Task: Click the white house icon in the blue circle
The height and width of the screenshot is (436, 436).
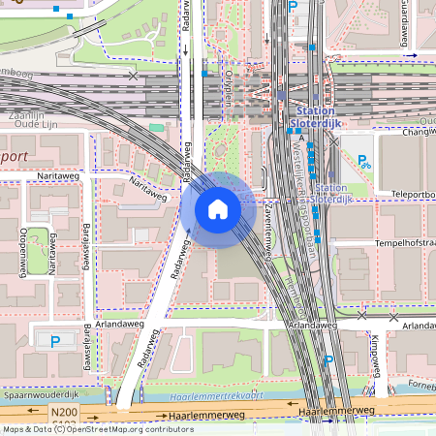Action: point(218,208)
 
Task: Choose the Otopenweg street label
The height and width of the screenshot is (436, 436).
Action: point(20,250)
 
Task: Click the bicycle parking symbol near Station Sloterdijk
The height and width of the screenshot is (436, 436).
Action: point(365,162)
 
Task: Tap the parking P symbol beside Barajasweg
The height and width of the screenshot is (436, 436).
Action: point(55,341)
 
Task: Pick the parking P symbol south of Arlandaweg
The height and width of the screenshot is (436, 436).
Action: point(328,361)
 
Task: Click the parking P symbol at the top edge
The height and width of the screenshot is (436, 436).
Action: point(293,7)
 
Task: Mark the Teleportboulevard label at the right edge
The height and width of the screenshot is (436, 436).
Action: point(414,194)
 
